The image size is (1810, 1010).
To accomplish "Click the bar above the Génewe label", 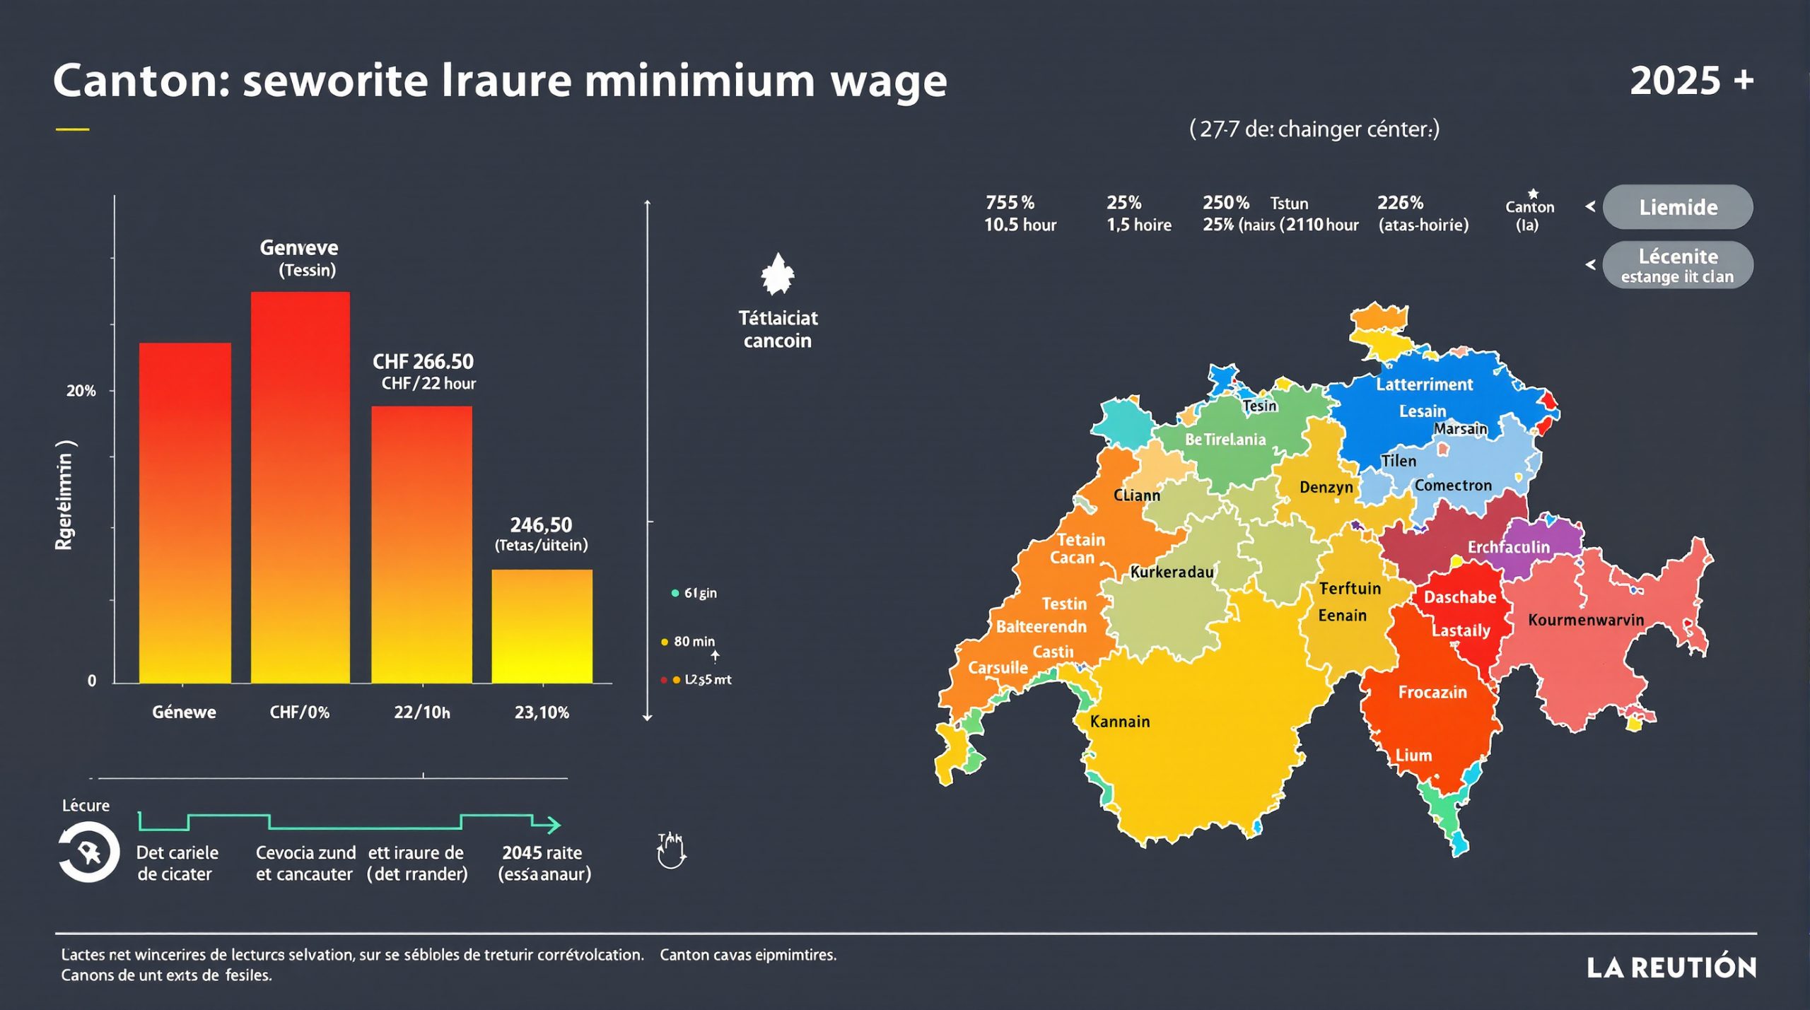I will tap(185, 512).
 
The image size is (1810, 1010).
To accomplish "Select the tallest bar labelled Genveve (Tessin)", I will tap(300, 488).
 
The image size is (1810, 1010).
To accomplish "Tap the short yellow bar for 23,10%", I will tap(542, 626).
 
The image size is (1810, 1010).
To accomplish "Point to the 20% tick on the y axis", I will tap(81, 391).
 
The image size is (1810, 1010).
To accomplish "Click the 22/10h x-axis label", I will tap(421, 712).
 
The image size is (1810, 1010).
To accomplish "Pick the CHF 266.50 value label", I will tap(423, 362).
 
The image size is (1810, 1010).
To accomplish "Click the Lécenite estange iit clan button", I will tap(1677, 265).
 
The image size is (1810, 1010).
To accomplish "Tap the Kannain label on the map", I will tap(1119, 722).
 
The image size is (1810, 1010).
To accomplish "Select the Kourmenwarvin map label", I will tap(1585, 620).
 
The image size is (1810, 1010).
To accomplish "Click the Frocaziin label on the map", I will tap(1432, 693).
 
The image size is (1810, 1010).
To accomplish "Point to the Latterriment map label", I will tap(1424, 384).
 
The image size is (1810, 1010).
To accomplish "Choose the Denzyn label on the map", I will tap(1326, 487).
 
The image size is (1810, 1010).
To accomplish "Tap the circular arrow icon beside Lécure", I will tap(88, 853).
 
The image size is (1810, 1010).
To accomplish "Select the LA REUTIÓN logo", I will tap(1671, 968).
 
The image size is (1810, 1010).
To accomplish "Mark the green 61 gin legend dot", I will tap(675, 593).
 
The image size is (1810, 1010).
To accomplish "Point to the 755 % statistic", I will tap(1010, 203).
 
